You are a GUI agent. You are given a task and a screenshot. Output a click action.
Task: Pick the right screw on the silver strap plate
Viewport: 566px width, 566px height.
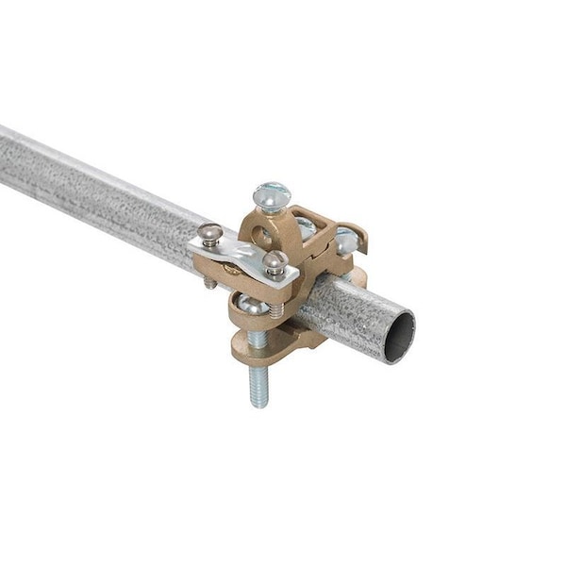(x=275, y=261)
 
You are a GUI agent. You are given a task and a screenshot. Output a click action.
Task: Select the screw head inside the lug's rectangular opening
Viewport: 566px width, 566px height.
(x=306, y=226)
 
